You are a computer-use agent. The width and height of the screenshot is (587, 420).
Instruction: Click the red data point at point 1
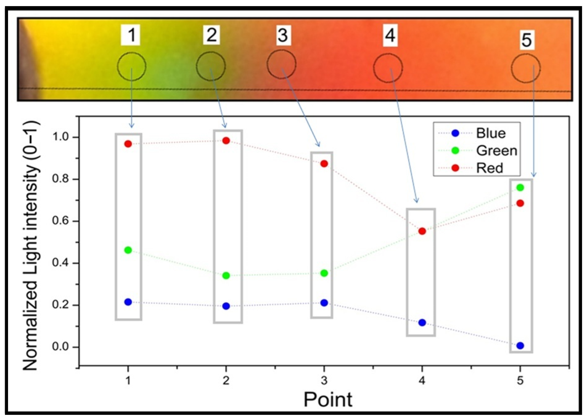[128, 144]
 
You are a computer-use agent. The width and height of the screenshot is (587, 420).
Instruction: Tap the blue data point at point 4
[422, 323]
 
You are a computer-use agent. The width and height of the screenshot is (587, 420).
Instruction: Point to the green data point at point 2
[226, 276]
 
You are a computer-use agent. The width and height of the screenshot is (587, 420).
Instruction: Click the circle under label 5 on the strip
[526, 68]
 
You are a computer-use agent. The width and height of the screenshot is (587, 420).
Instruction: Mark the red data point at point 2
[226, 141]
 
